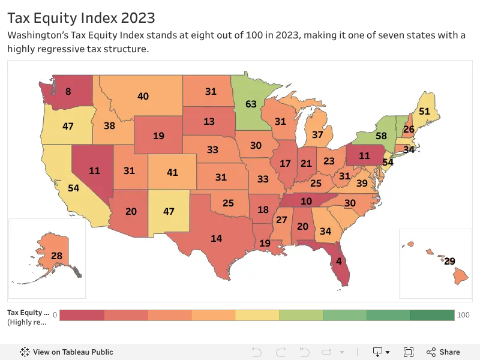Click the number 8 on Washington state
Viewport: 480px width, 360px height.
point(68,91)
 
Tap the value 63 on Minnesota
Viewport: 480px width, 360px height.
point(251,104)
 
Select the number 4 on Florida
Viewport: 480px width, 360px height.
point(339,261)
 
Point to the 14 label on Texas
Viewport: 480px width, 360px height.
point(217,238)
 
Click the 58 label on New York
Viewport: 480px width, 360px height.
point(381,136)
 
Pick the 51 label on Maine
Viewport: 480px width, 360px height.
point(424,111)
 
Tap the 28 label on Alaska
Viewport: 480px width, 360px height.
point(56,256)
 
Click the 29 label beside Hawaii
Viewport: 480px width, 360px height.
point(449,261)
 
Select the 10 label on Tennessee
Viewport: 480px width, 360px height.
point(306,201)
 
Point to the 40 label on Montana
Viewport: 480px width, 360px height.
point(143,96)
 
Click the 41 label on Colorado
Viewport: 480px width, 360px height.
point(172,172)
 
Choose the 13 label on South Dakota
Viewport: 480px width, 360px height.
point(209,122)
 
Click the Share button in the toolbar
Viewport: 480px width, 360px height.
point(443,352)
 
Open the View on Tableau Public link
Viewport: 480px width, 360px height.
point(67,352)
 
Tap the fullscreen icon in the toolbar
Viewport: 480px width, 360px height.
point(409,352)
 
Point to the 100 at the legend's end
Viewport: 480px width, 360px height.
point(463,314)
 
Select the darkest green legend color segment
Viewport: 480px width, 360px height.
point(433,315)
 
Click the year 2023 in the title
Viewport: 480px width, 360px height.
point(138,18)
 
